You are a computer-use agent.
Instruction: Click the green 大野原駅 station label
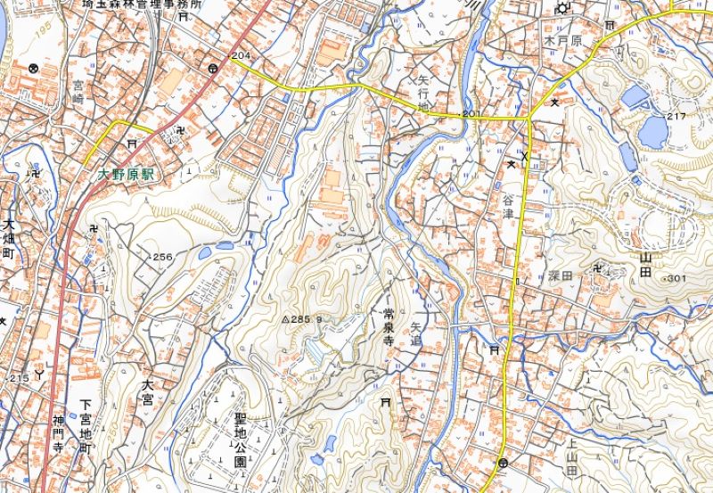tap(127, 176)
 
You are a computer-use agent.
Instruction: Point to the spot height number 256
tap(162, 257)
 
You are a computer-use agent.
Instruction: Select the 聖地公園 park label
tap(240, 440)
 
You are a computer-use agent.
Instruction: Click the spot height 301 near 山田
tap(676, 279)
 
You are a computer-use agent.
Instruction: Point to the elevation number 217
tap(676, 117)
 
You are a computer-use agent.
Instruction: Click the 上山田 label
tap(572, 456)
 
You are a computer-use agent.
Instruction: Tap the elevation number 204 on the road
tap(239, 56)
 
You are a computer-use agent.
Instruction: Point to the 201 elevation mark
tap(471, 114)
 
